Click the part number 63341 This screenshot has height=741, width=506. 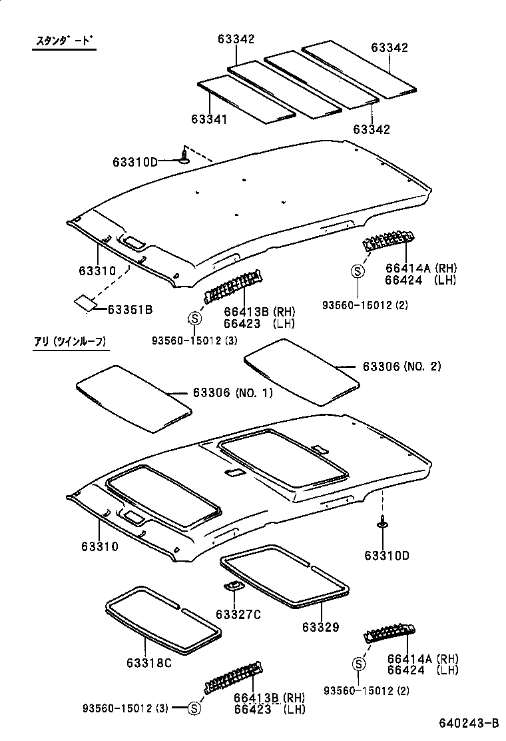(209, 119)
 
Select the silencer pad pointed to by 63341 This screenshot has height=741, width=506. (246, 99)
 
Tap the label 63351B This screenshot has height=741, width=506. (130, 309)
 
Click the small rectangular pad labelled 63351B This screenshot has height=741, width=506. (84, 302)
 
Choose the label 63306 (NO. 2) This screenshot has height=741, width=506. (401, 367)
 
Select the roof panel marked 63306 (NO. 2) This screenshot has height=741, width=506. (301, 370)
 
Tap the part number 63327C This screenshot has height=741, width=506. (238, 614)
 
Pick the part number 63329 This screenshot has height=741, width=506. (320, 627)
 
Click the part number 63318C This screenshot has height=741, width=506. (148, 663)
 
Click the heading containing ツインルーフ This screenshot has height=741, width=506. (71, 343)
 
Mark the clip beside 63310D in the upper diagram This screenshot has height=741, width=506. (184, 157)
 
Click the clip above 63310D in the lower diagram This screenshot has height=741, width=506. (383, 524)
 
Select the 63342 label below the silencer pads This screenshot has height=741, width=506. (372, 129)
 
